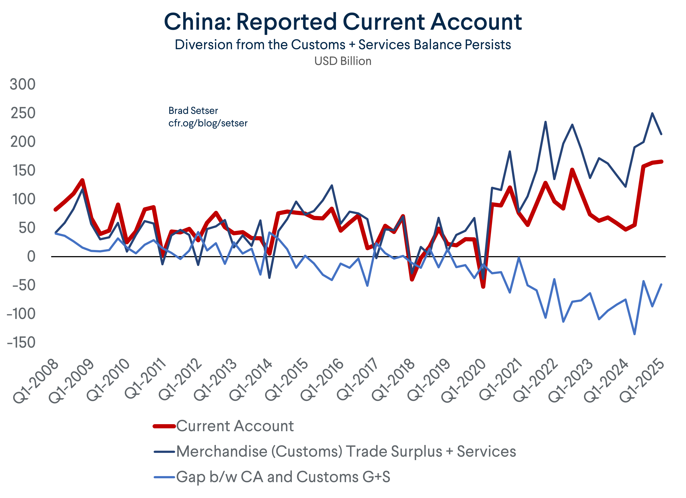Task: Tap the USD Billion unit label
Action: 343,61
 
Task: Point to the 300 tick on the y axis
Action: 23,84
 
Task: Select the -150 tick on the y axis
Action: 21,343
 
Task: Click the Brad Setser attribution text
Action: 193,111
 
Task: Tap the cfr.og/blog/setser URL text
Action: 208,123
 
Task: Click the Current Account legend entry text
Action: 235,426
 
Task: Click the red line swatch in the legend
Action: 164,426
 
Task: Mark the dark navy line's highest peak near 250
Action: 652,113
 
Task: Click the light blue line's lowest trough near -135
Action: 634,334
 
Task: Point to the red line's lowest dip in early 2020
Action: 483,286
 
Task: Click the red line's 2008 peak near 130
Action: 82,180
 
